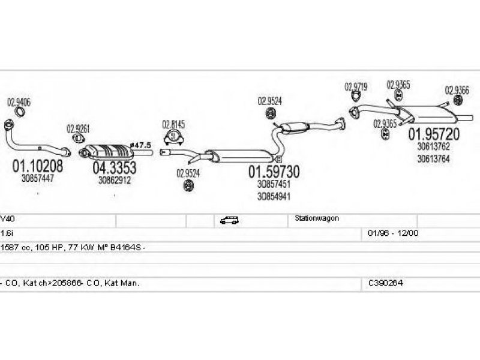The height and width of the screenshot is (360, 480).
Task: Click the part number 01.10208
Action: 37,165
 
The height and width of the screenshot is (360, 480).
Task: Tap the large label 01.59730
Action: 274,172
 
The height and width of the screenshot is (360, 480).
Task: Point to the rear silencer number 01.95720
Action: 434,134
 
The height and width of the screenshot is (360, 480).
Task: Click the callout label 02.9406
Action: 19,101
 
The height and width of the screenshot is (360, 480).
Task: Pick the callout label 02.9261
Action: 79,128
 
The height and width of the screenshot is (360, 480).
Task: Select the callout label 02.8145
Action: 174,125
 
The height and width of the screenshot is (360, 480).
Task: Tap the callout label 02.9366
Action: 457,90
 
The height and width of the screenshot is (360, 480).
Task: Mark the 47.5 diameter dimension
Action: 142,145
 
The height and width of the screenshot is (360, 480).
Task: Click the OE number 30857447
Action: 37,178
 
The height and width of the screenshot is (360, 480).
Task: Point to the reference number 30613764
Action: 433,159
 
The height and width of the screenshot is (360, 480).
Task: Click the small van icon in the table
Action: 229,220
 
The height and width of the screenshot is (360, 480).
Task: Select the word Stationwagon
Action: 317,219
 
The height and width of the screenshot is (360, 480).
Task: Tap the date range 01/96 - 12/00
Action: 392,232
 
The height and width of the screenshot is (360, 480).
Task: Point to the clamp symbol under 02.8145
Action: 175,137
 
